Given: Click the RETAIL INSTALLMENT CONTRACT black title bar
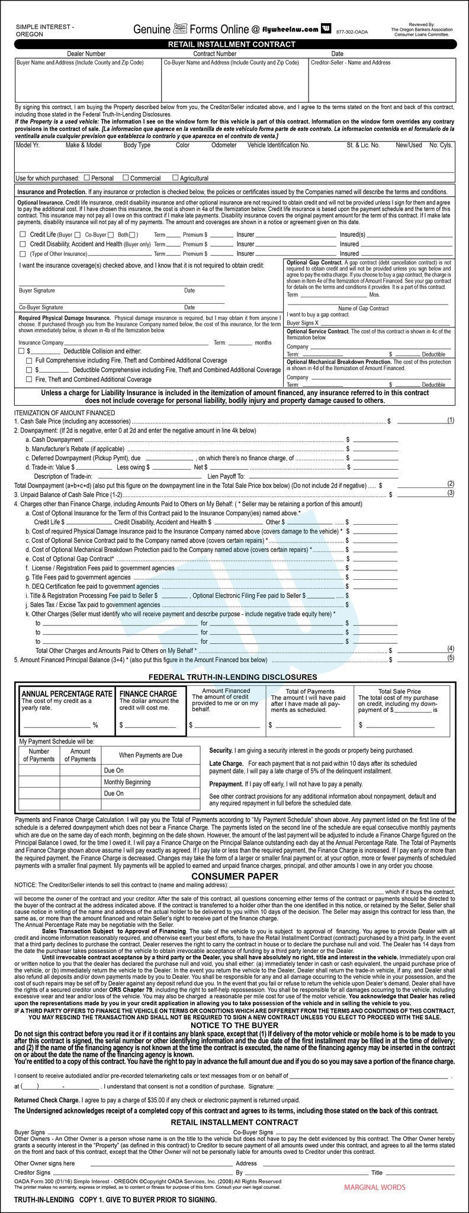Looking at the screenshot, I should (x=234, y=44).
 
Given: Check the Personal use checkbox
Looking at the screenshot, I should (x=87, y=178).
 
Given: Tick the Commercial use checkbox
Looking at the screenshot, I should (x=126, y=178).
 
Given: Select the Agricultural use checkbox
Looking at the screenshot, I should (x=176, y=178).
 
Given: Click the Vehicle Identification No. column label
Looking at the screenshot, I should (x=278, y=145).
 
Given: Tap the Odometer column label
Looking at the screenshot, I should (x=224, y=145).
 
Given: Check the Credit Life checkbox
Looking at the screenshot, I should (x=22, y=235).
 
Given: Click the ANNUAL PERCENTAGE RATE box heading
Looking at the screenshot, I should (x=67, y=694).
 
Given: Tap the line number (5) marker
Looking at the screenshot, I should (x=451, y=657).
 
